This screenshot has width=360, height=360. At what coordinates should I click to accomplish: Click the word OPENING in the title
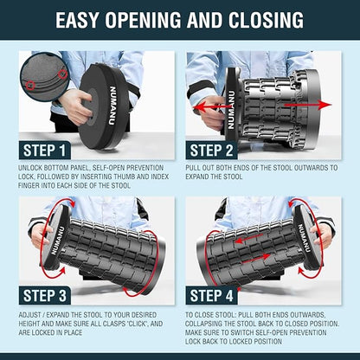144,20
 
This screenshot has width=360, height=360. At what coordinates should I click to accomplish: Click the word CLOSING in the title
266,20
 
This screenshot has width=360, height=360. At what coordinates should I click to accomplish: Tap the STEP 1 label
44,151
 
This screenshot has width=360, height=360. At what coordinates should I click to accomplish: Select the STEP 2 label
211,151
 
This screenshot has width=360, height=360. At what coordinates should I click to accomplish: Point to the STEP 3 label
45,296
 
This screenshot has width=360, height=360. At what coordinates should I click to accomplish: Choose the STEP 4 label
211,296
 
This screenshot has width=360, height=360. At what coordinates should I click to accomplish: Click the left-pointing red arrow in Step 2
210,107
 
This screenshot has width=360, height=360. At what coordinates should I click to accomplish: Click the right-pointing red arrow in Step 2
308,105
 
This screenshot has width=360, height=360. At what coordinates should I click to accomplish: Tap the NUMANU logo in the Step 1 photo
112,106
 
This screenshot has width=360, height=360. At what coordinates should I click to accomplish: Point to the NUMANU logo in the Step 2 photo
231,110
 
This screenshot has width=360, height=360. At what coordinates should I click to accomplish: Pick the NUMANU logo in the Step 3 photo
58,241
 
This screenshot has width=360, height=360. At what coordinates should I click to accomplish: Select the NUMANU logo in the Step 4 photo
305,238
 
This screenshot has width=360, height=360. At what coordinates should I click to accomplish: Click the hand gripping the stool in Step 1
75,106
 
